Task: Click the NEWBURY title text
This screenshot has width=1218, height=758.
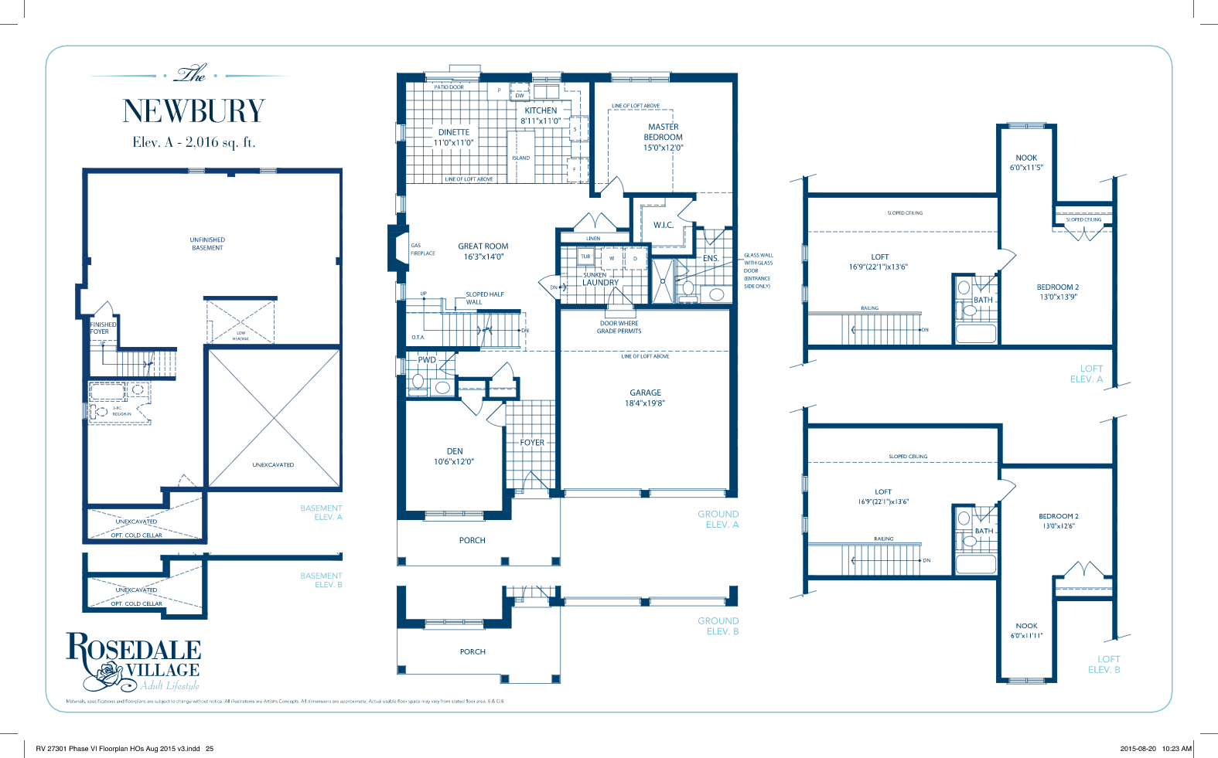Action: click(193, 111)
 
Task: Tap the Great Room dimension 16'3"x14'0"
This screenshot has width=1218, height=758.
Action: click(483, 257)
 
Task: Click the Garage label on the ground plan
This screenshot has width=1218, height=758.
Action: click(645, 393)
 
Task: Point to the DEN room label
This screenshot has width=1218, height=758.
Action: click(455, 451)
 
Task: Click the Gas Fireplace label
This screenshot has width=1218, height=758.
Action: click(422, 250)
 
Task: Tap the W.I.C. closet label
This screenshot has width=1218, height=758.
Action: click(663, 226)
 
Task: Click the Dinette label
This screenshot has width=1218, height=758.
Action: click(453, 133)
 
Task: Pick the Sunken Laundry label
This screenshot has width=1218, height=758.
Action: click(600, 279)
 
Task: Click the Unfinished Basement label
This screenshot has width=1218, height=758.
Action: click(207, 244)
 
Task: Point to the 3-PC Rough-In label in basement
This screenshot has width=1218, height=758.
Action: click(121, 411)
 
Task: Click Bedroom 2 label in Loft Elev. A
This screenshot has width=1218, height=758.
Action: click(1057, 287)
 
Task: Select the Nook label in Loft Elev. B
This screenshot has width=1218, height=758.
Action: click(1026, 626)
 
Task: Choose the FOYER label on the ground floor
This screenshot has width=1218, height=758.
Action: click(532, 443)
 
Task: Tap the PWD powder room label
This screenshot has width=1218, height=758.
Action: click(427, 360)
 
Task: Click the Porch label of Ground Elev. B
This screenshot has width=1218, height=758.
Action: click(473, 652)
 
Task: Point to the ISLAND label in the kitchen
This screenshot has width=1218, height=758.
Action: click(520, 158)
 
